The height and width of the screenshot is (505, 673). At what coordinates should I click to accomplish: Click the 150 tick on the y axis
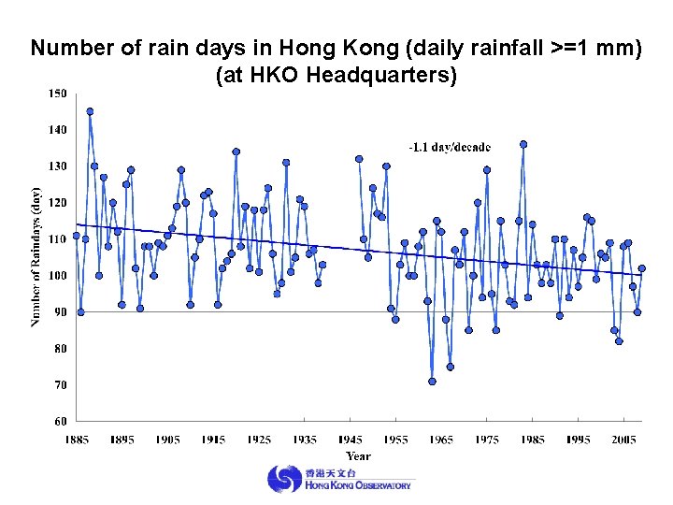58,94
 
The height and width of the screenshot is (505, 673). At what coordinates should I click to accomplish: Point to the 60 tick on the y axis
58,421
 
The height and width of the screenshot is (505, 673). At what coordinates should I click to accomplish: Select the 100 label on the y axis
58,276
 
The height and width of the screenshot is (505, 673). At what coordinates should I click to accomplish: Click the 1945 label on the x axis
351,440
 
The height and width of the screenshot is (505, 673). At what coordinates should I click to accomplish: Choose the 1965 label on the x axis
442,440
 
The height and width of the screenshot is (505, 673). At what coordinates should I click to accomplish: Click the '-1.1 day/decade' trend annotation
450,147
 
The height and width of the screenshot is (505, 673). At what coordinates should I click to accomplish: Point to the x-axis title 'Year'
358,456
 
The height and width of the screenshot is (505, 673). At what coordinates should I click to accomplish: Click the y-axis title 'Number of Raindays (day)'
36,255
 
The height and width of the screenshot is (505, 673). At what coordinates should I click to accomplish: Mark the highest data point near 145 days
90,111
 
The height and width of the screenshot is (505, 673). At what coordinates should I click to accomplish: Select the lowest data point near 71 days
432,381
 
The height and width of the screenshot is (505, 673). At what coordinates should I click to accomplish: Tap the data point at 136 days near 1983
523,144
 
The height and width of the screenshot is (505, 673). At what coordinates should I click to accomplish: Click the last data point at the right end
641,268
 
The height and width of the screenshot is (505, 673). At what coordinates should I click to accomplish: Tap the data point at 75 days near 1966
450,367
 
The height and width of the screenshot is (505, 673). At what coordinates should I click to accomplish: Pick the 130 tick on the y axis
58,166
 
